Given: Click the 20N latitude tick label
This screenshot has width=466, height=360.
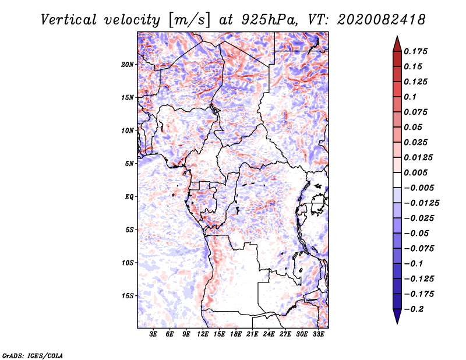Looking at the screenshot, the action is (x=128, y=65).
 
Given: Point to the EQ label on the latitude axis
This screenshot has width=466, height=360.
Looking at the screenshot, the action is (x=129, y=197).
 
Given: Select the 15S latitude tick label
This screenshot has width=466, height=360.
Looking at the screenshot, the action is (x=128, y=296).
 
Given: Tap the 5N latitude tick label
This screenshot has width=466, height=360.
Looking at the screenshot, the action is (x=129, y=164).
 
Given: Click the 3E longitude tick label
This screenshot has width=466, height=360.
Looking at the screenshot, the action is (x=153, y=334).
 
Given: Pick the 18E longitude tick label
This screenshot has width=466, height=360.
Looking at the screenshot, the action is (x=236, y=334).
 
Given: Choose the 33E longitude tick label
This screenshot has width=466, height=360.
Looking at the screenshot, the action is (x=318, y=334).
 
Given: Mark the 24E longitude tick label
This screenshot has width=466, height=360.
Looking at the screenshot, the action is (x=269, y=334).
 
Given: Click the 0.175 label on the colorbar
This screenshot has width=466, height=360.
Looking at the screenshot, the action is (x=415, y=51).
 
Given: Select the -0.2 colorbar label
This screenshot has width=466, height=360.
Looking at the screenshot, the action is (x=414, y=309).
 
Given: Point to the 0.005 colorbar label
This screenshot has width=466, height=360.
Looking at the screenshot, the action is (x=415, y=172).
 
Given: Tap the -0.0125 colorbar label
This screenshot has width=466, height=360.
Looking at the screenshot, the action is (x=421, y=203).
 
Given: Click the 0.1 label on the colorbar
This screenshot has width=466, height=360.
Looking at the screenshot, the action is (x=410, y=97).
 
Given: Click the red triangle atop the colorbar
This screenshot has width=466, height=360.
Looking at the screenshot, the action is (x=397, y=44).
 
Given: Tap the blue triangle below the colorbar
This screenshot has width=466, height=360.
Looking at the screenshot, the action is (x=397, y=316).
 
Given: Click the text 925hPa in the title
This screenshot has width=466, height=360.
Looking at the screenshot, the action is (x=269, y=20).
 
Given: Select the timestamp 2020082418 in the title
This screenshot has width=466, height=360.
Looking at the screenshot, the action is (x=382, y=20).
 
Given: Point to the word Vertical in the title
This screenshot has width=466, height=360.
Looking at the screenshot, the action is (x=69, y=20).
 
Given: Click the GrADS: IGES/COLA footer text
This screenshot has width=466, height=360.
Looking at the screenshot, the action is (x=33, y=355).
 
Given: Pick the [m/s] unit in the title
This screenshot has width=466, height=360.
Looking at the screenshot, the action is (x=189, y=20).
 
